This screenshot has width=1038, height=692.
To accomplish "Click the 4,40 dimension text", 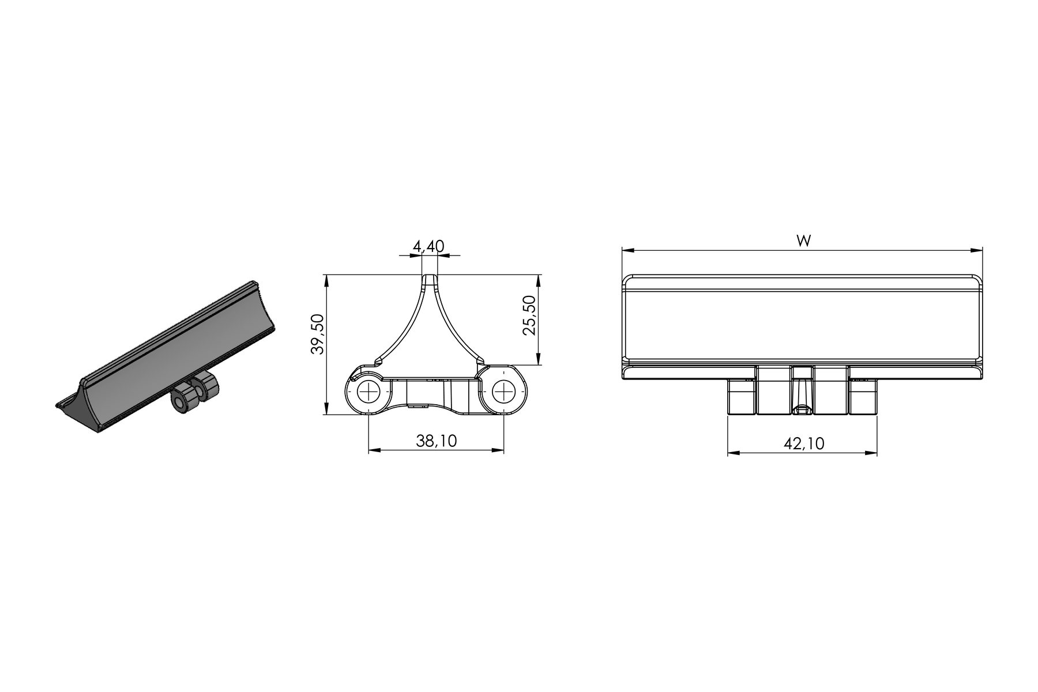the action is tap(428, 247).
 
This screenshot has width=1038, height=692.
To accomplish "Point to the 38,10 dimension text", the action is tap(437, 441).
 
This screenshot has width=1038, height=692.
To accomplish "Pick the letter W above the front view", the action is tap(803, 241).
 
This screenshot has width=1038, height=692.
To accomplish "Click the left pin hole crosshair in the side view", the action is tap(368, 393).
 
